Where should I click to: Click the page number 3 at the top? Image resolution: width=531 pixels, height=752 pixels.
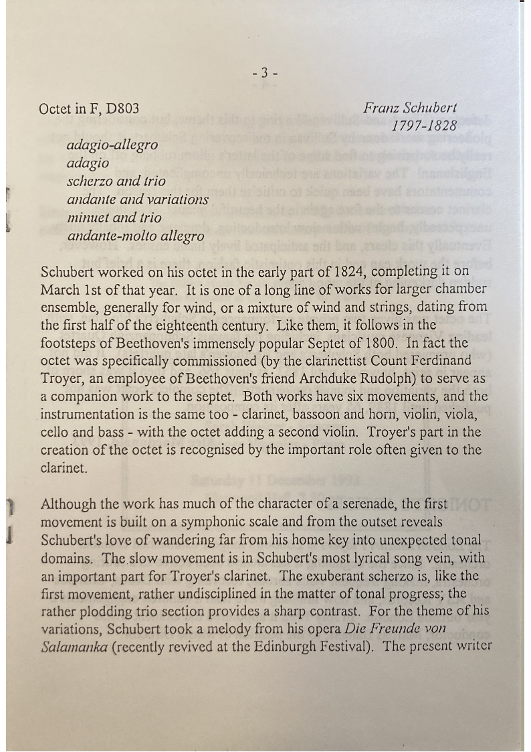click(265, 73)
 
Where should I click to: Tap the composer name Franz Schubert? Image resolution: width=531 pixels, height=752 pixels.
click(411, 108)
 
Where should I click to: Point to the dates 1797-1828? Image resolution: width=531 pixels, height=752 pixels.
click(424, 125)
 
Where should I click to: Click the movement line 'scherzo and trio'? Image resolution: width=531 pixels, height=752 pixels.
click(116, 181)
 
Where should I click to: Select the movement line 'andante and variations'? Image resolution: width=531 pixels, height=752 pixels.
click(137, 200)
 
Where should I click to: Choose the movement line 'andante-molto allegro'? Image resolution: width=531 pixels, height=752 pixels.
click(135, 236)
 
